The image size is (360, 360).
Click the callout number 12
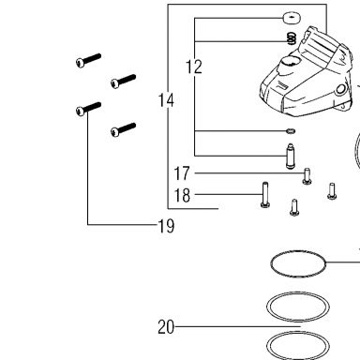(194, 67)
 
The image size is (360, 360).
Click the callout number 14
(166, 100)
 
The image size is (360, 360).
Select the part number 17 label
(182, 173)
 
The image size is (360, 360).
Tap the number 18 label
(182, 195)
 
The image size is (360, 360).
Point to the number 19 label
(166, 226)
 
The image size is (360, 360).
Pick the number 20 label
(166, 327)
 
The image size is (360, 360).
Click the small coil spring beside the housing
(292, 38)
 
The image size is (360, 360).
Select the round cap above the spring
(292, 18)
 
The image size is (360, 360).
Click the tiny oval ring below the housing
(291, 131)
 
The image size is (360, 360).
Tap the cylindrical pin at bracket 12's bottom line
(291, 157)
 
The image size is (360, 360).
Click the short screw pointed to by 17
(307, 176)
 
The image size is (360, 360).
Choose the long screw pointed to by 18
(265, 195)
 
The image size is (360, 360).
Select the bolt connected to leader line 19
(88, 109)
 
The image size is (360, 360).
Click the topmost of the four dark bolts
(88, 61)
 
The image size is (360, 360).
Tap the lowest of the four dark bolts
(124, 129)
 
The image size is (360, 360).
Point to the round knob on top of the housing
(289, 63)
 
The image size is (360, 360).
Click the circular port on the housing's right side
(340, 90)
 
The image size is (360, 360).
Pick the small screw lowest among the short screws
(294, 207)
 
